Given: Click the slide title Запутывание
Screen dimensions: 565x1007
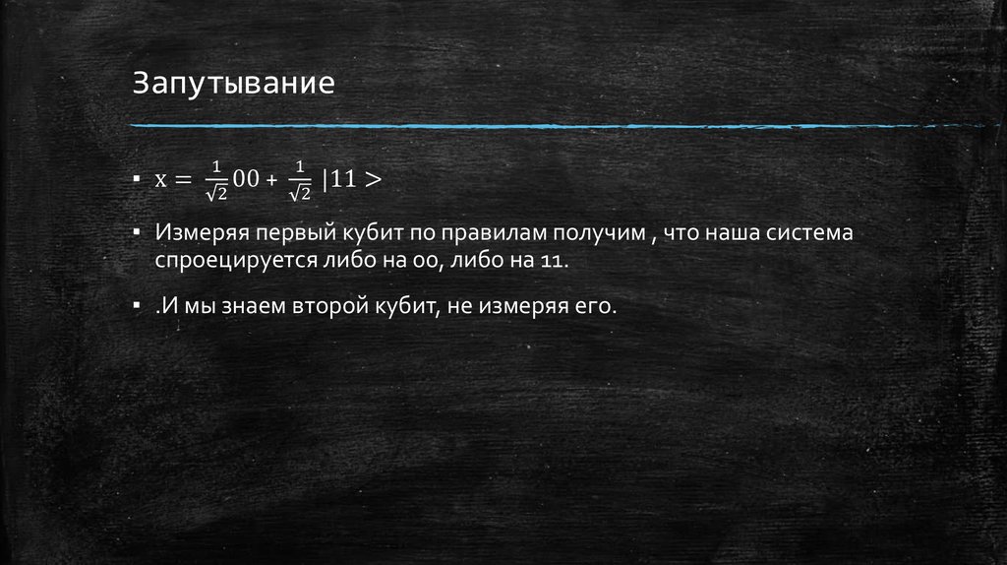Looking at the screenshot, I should click(x=234, y=82).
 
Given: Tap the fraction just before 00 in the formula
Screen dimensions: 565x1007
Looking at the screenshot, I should click(x=216, y=180).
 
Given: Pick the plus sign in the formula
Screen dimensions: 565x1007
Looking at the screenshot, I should click(x=271, y=180).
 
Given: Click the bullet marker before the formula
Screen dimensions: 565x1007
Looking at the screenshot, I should click(x=138, y=180).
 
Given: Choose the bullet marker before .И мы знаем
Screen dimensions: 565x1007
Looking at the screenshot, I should click(x=138, y=306).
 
